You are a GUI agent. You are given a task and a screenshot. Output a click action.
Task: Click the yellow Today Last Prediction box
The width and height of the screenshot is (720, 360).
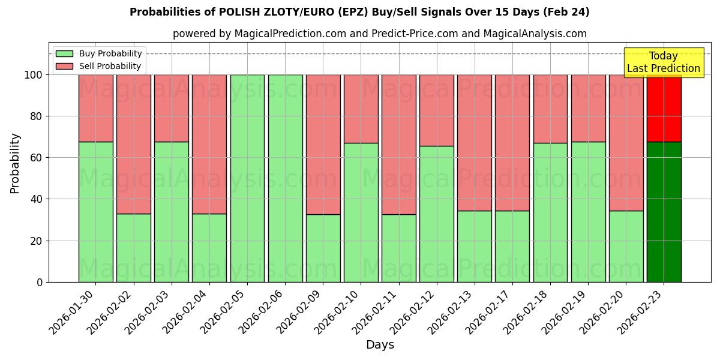click(x=663, y=62)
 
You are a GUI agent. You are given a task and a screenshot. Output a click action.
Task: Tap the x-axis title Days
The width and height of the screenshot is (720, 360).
click(x=380, y=345)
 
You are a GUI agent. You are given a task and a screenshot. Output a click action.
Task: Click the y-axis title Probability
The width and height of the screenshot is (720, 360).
click(x=15, y=163)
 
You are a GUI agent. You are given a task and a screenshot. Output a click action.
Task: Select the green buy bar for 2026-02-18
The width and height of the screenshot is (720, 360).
click(x=550, y=212)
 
